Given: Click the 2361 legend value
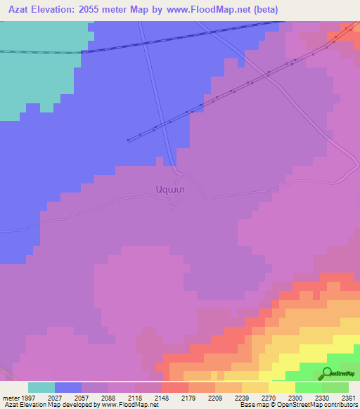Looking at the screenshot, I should [349, 397].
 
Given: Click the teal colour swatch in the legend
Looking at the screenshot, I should [41, 387].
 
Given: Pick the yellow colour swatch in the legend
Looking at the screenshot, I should [282, 387].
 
